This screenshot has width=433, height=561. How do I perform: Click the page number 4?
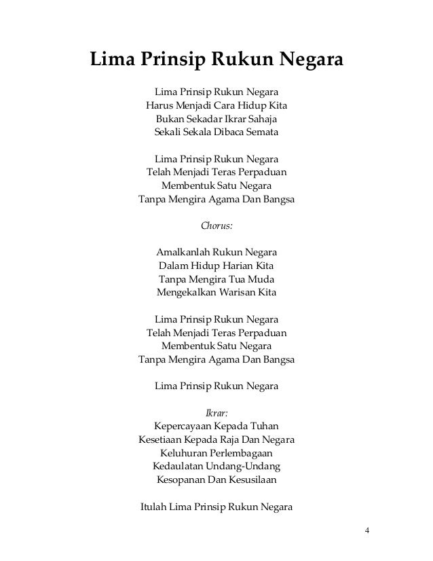click(367, 530)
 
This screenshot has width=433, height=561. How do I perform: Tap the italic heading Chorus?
click(216, 226)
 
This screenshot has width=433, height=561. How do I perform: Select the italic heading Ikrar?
click(216, 412)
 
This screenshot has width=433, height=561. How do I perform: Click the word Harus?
click(161, 105)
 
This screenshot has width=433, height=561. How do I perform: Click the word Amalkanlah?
click(184, 253)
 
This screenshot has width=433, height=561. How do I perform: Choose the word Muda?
click(263, 279)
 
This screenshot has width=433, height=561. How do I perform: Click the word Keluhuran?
click(183, 453)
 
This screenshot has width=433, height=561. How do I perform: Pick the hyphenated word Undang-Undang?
click(247, 467)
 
